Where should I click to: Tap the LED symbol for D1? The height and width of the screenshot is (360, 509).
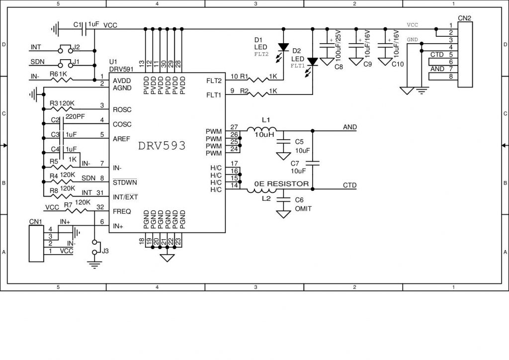[283, 48]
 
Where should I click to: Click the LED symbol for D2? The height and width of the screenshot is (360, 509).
[312, 62]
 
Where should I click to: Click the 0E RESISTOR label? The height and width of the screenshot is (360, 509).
[281, 184]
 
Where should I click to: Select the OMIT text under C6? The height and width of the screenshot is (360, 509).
[303, 209]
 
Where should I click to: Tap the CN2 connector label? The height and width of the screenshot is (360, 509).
[465, 18]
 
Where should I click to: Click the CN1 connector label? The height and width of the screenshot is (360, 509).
[35, 221]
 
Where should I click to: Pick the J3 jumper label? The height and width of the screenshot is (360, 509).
[105, 251]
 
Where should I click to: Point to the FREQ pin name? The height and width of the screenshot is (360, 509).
[122, 211]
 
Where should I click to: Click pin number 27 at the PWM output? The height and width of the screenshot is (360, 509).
[235, 127]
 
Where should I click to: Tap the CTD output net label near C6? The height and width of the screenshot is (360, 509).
[349, 185]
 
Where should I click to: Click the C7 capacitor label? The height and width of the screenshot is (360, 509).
[295, 163]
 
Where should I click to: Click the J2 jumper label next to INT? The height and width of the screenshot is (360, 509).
[76, 48]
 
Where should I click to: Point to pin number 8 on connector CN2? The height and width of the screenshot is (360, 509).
[450, 76]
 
